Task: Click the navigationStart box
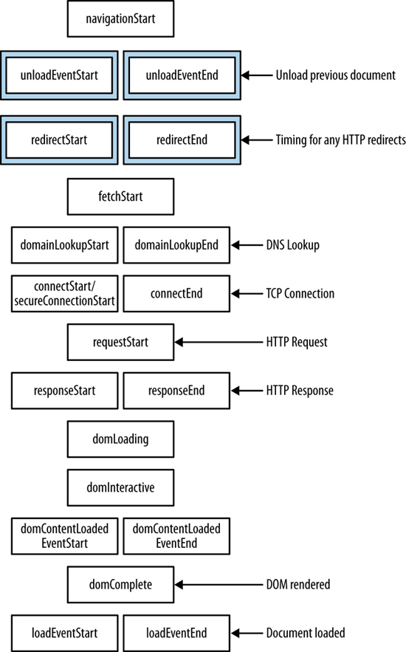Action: [x=120, y=18]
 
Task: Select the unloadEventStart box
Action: [x=59, y=75]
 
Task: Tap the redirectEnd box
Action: [x=182, y=140]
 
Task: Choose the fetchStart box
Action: [x=120, y=196]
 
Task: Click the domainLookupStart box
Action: [x=64, y=245]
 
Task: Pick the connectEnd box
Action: [x=176, y=294]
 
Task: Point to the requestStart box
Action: [x=120, y=342]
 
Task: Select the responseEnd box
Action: [x=176, y=391]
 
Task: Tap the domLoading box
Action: [x=120, y=439]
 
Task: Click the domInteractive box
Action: [x=120, y=488]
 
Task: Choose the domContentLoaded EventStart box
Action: [x=64, y=536]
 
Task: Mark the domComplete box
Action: [x=120, y=585]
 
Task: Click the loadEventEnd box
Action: [x=176, y=634]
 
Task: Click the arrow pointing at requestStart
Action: [x=219, y=342]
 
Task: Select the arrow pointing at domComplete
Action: [x=219, y=585]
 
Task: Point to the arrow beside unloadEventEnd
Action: [x=257, y=75]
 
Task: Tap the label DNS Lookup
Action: [x=293, y=245]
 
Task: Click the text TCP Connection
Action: [x=300, y=294]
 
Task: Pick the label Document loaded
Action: [x=306, y=633]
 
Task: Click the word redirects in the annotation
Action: [x=389, y=140]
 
